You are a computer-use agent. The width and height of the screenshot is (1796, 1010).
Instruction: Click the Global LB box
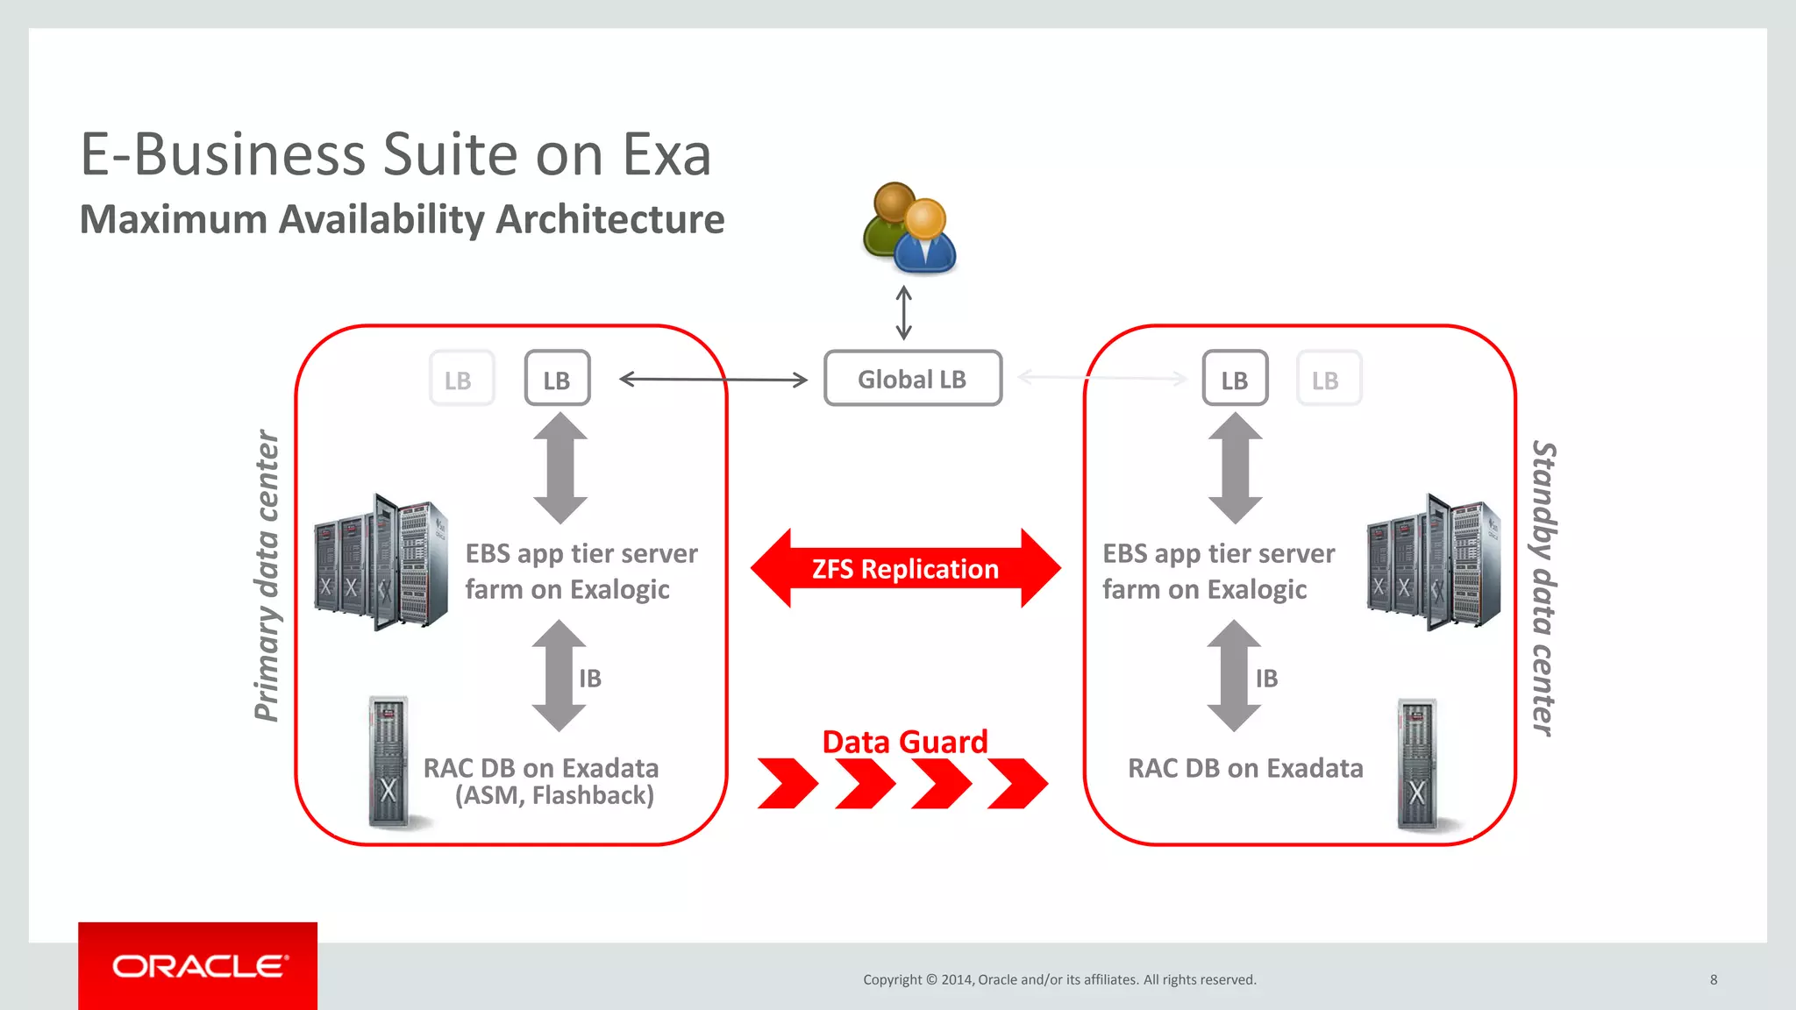click(912, 379)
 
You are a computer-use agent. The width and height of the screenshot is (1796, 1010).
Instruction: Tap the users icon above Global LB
click(909, 228)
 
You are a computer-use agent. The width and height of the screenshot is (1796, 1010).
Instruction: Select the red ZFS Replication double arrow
click(905, 569)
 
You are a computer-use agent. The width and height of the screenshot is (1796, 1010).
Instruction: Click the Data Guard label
click(905, 742)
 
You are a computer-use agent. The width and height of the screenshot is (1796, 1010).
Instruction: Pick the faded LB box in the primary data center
click(461, 379)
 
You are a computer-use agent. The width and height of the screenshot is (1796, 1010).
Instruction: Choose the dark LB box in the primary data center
click(557, 379)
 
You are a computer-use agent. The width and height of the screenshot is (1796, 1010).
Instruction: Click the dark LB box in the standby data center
click(1235, 379)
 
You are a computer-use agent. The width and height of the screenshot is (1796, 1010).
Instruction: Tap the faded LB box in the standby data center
click(1329, 379)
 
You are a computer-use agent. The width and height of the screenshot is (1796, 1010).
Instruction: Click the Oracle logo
click(198, 966)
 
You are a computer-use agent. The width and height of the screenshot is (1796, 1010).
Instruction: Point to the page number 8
click(1714, 979)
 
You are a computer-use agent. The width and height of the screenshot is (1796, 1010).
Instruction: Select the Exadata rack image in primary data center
click(388, 762)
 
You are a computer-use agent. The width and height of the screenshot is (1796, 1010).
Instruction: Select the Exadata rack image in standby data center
click(1416, 764)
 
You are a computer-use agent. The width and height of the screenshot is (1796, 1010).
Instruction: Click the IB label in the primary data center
click(590, 678)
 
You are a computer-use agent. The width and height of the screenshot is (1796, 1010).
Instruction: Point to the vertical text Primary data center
click(266, 576)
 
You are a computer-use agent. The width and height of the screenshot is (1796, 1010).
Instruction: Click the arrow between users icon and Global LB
click(904, 313)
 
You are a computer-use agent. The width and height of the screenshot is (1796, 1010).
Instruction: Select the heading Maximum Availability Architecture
click(402, 219)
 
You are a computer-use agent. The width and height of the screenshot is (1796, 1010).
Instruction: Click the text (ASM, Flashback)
click(554, 795)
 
